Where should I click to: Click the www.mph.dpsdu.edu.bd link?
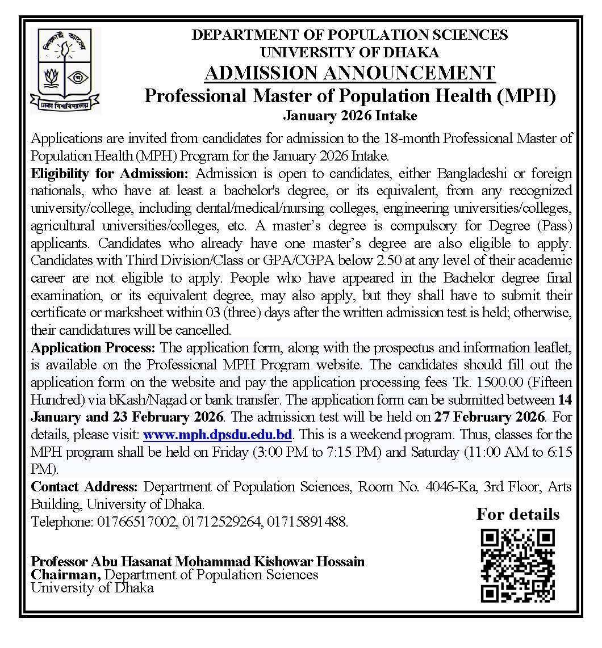click(218, 435)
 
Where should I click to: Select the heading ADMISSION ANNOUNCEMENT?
click(349, 73)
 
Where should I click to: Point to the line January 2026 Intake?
click(349, 116)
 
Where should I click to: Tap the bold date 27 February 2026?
click(490, 417)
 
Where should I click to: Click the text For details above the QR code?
click(517, 514)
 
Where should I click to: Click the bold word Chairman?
click(66, 574)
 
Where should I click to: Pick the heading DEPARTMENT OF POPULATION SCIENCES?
click(349, 35)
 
